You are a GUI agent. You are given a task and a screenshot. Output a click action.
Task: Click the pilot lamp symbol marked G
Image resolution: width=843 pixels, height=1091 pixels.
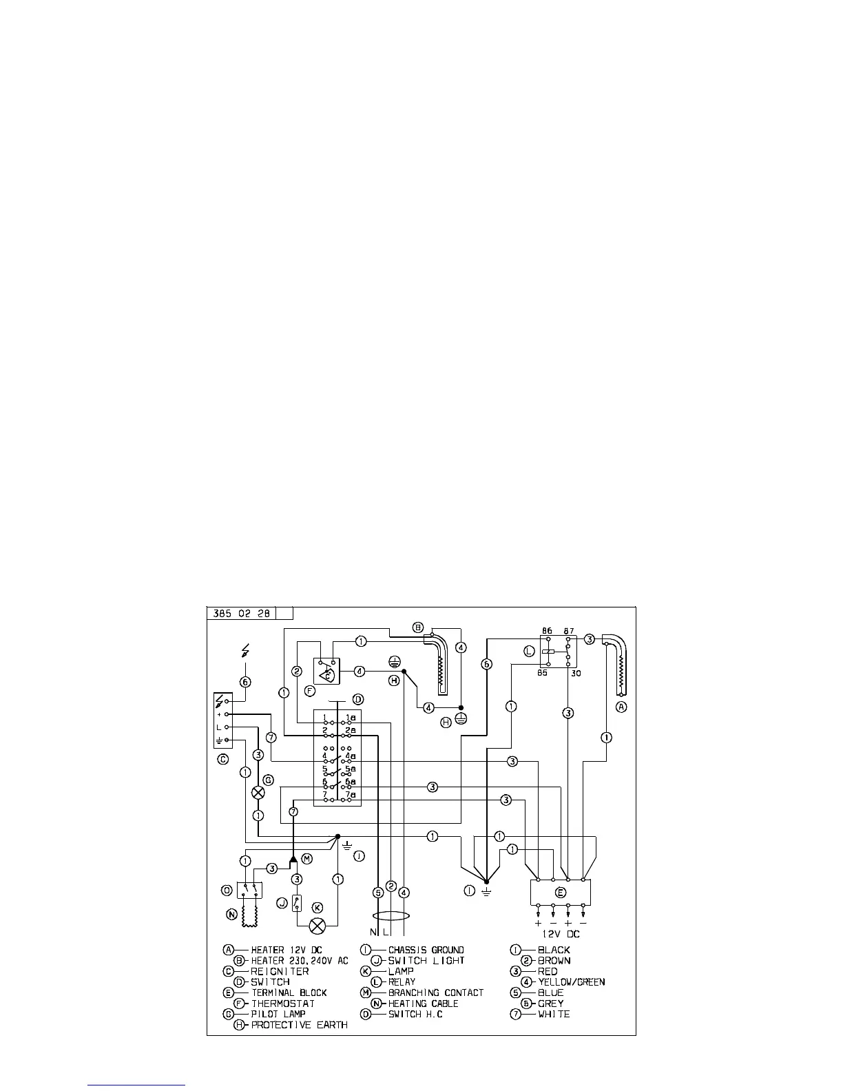click(259, 793)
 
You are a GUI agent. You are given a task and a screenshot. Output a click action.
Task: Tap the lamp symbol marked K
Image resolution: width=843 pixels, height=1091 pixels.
click(318, 925)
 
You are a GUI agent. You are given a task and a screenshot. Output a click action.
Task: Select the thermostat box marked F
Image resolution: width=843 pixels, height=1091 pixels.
click(326, 671)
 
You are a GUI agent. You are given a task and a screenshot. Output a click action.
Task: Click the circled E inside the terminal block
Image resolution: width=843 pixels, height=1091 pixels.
click(561, 893)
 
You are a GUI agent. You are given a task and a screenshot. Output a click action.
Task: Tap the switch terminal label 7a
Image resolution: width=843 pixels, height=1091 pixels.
click(351, 795)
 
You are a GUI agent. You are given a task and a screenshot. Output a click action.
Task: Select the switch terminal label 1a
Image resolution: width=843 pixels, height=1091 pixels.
click(351, 717)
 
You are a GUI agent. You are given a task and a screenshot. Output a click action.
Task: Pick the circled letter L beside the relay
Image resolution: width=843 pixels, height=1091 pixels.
click(529, 650)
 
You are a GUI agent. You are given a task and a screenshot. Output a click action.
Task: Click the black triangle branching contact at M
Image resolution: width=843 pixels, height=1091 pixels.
click(293, 858)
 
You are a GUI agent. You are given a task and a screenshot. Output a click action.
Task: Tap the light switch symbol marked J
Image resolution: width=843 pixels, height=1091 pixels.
click(297, 902)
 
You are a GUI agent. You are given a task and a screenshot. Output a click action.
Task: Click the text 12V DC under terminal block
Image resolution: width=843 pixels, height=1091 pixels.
click(560, 934)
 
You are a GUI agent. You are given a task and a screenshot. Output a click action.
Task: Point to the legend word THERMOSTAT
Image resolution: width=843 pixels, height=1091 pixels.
click(283, 1003)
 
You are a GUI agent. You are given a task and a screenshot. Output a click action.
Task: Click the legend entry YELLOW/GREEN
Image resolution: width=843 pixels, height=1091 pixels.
click(572, 981)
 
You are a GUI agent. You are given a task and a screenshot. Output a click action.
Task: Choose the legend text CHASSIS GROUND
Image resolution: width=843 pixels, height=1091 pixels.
click(426, 950)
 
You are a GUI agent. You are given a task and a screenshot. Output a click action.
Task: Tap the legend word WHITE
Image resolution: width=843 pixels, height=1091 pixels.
click(554, 1014)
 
